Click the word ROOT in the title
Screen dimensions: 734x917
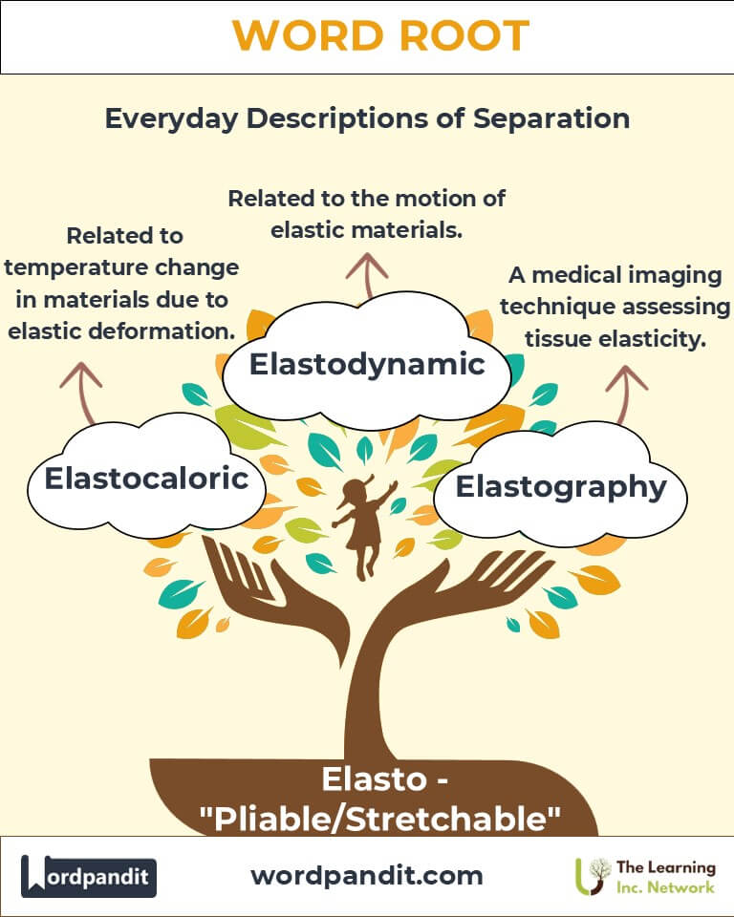pos(464,36)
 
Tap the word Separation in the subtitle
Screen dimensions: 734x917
pos(551,118)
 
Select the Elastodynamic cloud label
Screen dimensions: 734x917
pos(367,364)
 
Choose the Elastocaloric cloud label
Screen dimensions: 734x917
pos(147,478)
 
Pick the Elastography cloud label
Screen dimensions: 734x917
pos(561,487)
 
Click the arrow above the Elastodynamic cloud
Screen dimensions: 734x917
pos(367,275)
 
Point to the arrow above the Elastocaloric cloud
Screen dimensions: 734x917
pos(82,392)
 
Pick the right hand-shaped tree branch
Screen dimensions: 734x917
pos(468,590)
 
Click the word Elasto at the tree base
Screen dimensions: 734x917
pos(374,779)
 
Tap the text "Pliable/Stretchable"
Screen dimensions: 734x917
pos(380,819)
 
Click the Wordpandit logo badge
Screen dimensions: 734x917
pos(89,876)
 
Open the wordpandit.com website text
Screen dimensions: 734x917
pos(367,876)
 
